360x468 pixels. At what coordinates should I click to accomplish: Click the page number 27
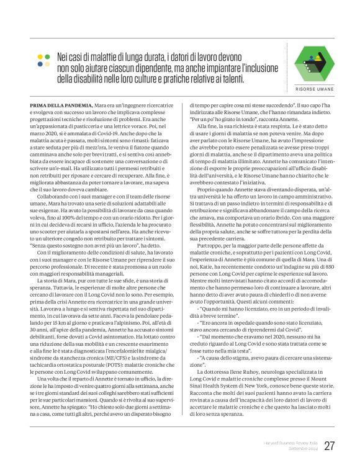pos(329,445)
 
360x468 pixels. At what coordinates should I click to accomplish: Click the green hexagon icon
pos(313,61)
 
